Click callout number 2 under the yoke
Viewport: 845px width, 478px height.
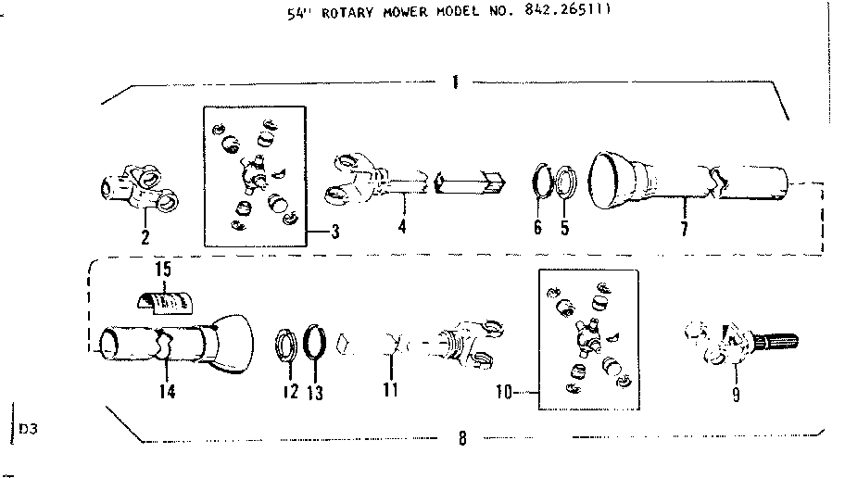(145, 237)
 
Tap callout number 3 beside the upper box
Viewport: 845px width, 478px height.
(335, 233)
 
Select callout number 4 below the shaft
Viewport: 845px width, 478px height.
(402, 226)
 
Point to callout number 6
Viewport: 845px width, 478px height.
(537, 227)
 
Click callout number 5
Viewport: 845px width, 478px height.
(564, 227)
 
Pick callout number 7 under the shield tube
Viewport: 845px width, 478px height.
(684, 229)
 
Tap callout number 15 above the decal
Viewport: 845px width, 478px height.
(163, 269)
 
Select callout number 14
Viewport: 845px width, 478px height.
(168, 391)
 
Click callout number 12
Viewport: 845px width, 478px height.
(291, 391)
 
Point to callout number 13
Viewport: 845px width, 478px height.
(315, 393)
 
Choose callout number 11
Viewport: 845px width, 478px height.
(390, 389)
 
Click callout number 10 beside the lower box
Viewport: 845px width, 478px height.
(504, 393)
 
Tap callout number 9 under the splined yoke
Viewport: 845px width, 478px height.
(736, 395)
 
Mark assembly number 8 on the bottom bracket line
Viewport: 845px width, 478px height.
(462, 438)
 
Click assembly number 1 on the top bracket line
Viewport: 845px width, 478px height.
(455, 82)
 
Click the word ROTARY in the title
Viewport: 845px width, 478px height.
(347, 13)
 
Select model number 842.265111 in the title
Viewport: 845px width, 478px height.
(567, 11)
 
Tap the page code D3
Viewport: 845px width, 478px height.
(28, 430)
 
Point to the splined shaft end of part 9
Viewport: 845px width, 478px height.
(776, 341)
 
